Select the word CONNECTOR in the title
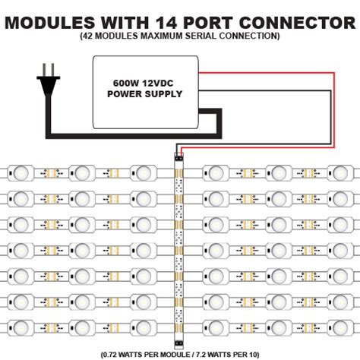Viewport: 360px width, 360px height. (298, 19)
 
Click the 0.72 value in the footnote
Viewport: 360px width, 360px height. (124, 353)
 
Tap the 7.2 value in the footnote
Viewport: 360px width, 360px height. (214, 353)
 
